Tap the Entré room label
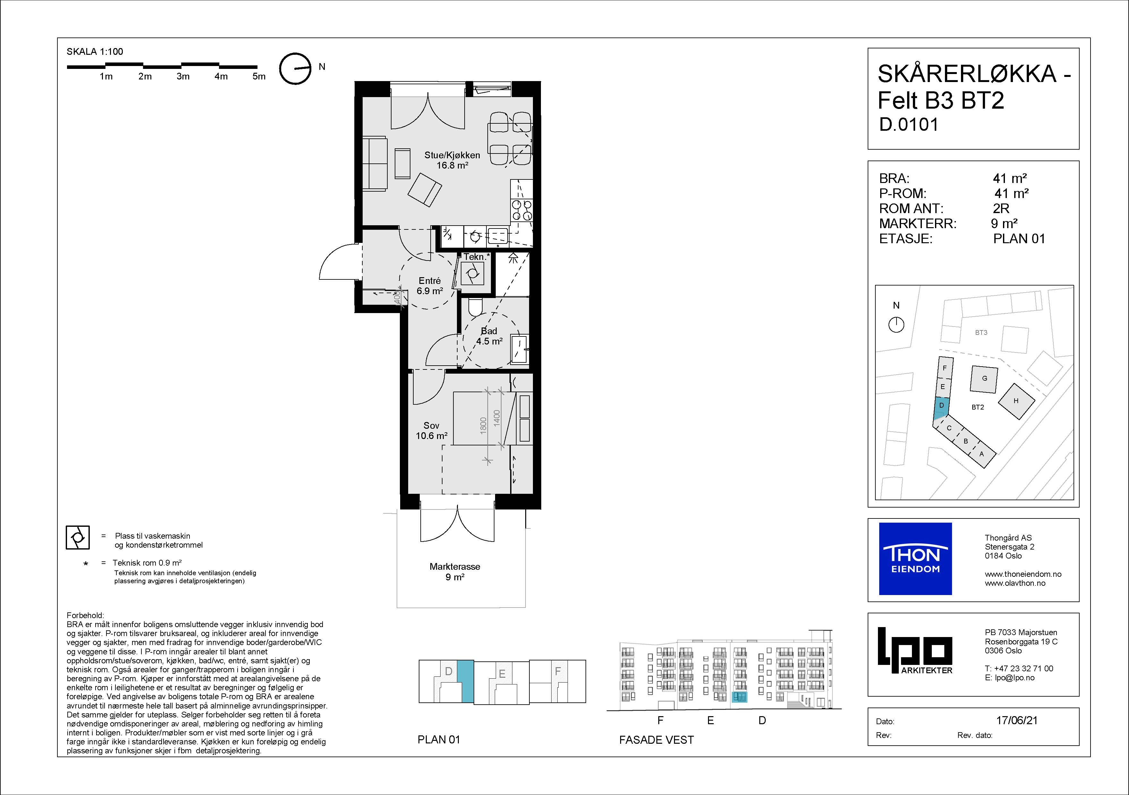click(x=430, y=286)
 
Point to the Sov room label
click(x=431, y=430)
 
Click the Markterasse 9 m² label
click(x=455, y=571)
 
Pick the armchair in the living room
click(x=425, y=190)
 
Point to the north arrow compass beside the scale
click(x=296, y=69)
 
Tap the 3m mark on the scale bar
click(x=183, y=76)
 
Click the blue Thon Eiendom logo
click(x=915, y=559)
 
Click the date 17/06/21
click(x=1017, y=720)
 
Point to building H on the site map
click(x=1016, y=401)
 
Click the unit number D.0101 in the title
click(x=909, y=124)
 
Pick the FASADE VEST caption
click(x=656, y=740)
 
